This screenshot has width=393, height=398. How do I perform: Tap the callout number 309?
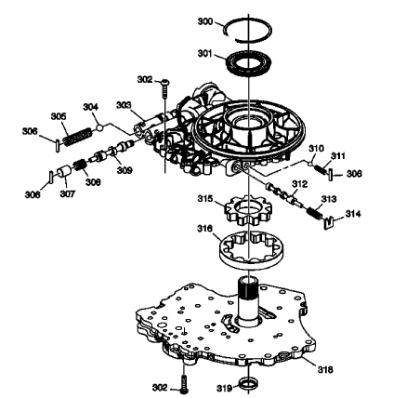124,169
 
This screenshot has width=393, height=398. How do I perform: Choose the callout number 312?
297,184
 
